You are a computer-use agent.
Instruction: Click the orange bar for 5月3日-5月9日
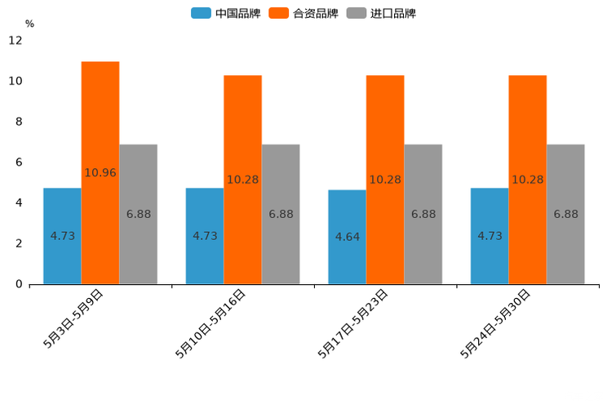coord(100,122)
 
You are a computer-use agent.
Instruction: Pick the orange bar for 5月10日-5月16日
coord(242,131)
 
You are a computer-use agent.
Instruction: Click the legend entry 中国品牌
coord(226,13)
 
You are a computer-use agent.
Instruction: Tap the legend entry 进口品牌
coord(382,13)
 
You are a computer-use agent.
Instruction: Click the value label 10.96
coord(100,172)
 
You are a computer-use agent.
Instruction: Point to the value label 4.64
coord(348,237)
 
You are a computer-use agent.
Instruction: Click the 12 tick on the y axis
coord(16,41)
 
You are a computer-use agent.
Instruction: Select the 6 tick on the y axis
coord(19,162)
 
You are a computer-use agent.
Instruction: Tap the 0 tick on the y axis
coord(19,284)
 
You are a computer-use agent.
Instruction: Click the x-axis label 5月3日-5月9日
coord(73,318)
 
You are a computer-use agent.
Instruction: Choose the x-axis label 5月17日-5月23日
coord(352,323)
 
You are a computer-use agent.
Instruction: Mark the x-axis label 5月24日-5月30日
coord(495,323)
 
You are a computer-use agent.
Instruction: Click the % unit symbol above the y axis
coord(29,24)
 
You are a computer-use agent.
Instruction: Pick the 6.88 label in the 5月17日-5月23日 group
coord(423,214)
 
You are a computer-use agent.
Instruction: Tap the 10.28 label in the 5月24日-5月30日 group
coord(528,180)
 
